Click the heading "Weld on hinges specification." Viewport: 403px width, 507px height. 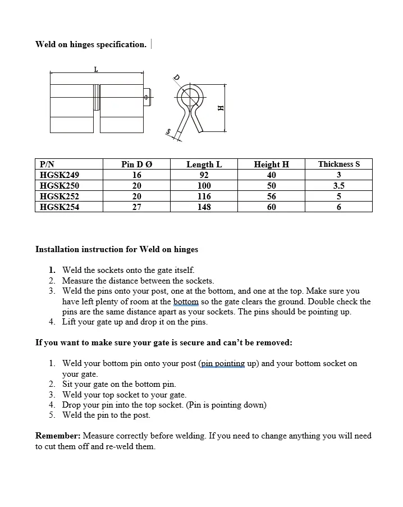pyautogui.click(x=91, y=44)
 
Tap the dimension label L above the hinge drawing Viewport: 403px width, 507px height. pyautogui.click(x=96, y=69)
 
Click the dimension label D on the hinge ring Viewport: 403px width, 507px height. pyautogui.click(x=176, y=77)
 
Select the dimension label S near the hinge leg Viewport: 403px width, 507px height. pyautogui.click(x=168, y=131)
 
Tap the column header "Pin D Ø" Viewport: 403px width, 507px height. pyautogui.click(x=136, y=164)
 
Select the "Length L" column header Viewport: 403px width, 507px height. pyautogui.click(x=204, y=164)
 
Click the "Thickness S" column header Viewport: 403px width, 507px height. pyautogui.click(x=338, y=164)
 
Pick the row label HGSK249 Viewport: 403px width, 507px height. pyautogui.click(x=59, y=175)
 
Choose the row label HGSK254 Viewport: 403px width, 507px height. pyautogui.click(x=59, y=207)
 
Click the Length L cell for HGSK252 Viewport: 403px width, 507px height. pyautogui.click(x=204, y=196)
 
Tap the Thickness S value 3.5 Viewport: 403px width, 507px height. pyautogui.click(x=338, y=185)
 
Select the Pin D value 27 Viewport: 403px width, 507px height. pyautogui.click(x=136, y=207)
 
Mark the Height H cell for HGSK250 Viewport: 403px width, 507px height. pyautogui.click(x=271, y=185)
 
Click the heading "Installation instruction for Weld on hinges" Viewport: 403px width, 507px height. pyautogui.click(x=117, y=249)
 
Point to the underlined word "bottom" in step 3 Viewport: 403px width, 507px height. pyautogui.click(x=186, y=302)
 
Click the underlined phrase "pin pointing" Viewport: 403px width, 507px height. pyautogui.click(x=223, y=363)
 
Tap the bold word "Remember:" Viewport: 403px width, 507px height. pyautogui.click(x=58, y=436)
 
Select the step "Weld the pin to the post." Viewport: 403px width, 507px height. pyautogui.click(x=106, y=415)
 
